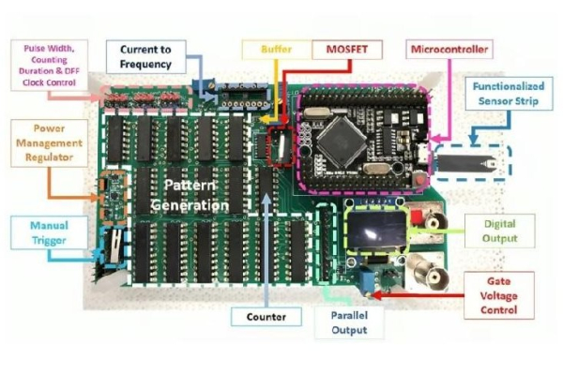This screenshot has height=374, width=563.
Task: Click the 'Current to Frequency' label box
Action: [145, 56]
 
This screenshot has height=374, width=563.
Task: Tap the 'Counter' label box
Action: [266, 317]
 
